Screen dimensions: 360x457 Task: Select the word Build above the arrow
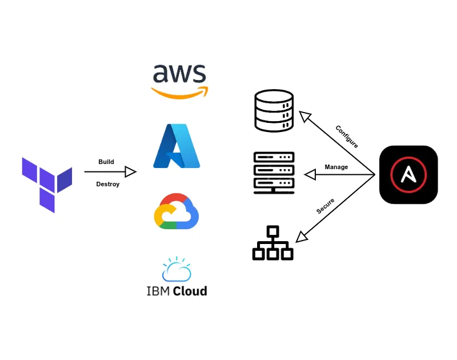click(106, 162)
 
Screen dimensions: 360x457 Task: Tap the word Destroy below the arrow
click(108, 184)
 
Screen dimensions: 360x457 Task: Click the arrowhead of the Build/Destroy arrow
click(131, 171)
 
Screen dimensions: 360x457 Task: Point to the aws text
click(179, 74)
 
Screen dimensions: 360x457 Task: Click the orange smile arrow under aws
click(179, 93)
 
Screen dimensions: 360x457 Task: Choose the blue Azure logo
click(177, 146)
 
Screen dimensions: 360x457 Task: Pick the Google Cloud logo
click(177, 211)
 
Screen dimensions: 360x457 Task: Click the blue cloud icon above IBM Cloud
click(177, 270)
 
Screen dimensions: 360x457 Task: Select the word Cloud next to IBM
click(191, 291)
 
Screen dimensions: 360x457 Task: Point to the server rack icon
click(274, 173)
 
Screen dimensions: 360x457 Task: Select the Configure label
click(347, 137)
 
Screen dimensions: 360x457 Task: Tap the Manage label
click(336, 167)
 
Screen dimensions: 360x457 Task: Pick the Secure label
click(326, 206)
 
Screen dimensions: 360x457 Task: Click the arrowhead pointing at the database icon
click(304, 116)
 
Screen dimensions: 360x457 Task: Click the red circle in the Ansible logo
click(408, 174)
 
